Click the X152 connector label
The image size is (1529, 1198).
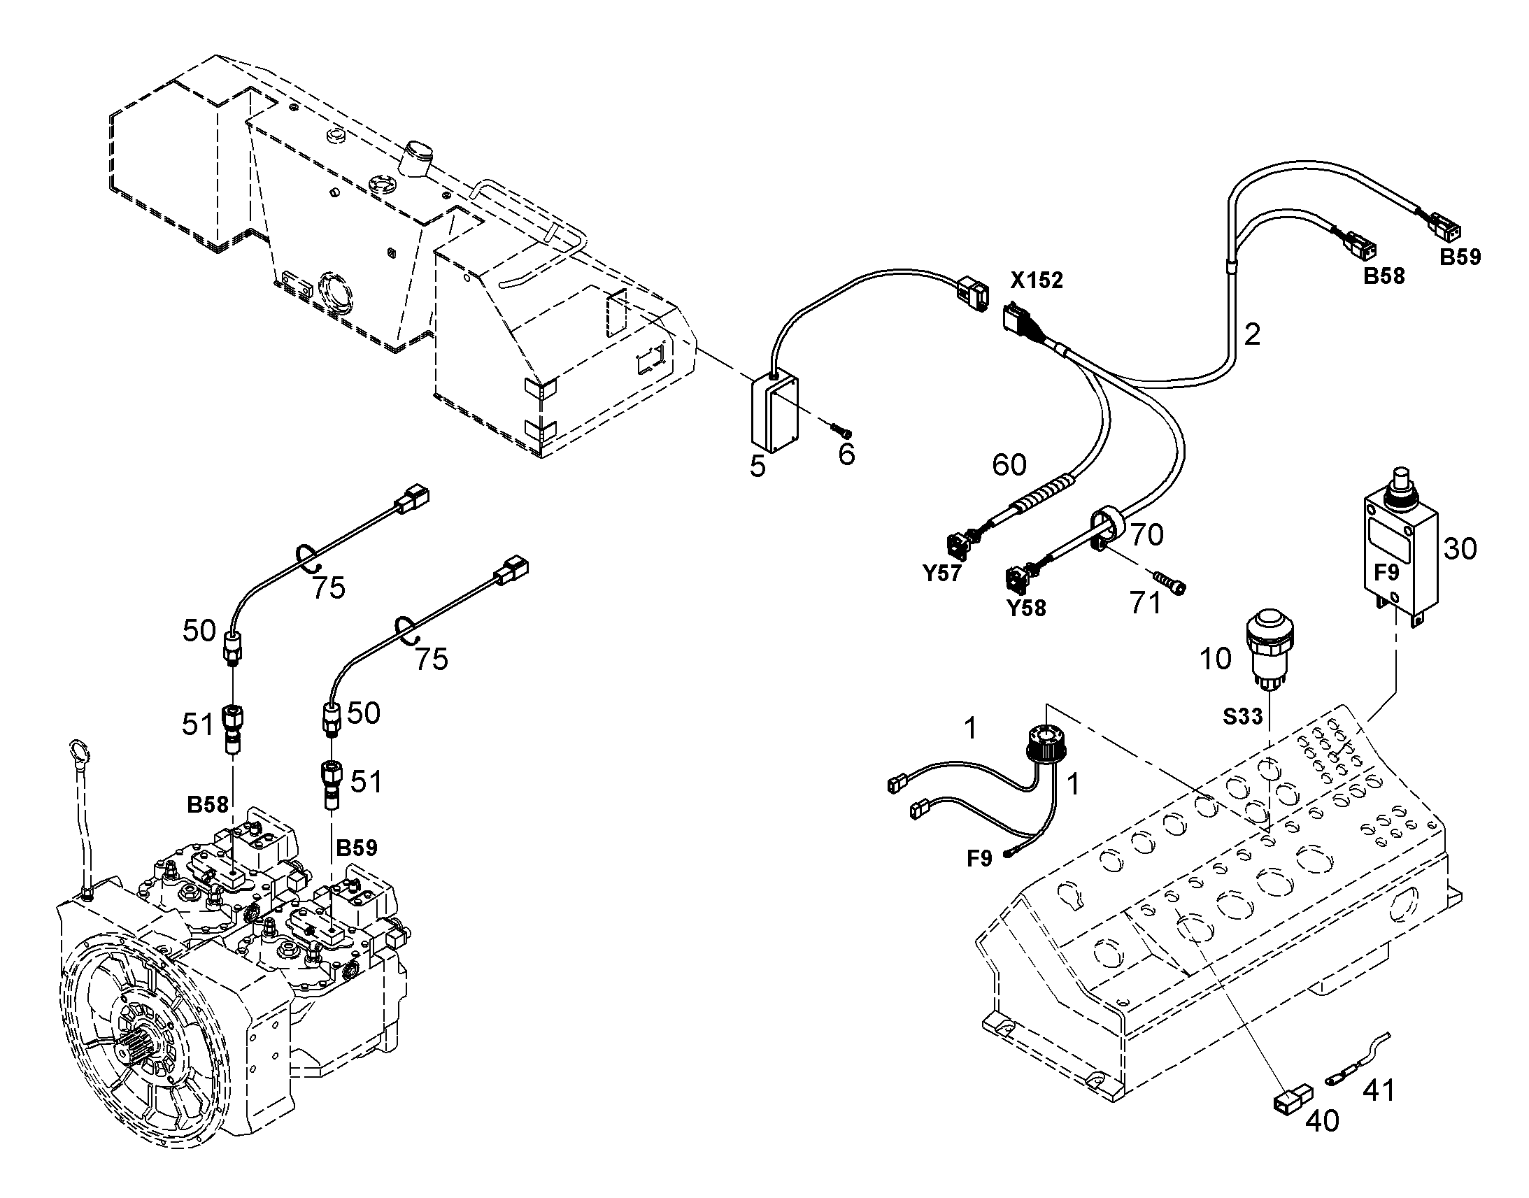1037,280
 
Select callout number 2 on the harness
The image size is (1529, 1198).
1252,334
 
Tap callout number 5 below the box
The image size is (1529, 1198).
758,466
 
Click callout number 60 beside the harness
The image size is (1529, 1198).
1009,464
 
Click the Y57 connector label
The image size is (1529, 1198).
941,573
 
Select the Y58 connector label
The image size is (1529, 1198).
1026,608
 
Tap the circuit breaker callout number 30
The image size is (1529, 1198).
1460,548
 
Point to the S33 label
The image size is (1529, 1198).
1243,716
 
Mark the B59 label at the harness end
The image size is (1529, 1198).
1460,257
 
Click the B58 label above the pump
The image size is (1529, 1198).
208,804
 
